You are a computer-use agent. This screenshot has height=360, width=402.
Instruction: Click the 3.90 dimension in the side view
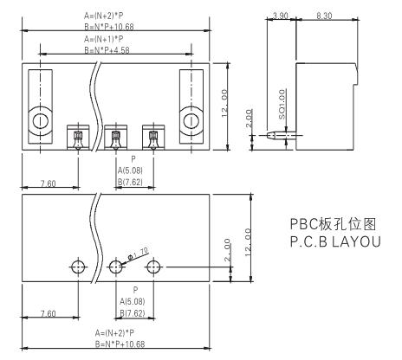(280, 16)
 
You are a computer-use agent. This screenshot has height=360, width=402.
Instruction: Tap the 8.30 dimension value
(324, 16)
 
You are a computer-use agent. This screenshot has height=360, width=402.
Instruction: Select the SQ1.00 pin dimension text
(282, 104)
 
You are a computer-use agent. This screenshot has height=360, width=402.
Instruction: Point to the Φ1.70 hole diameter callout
(138, 254)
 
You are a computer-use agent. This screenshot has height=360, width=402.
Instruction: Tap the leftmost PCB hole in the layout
(78, 267)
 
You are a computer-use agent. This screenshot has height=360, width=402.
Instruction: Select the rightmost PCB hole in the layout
(153, 267)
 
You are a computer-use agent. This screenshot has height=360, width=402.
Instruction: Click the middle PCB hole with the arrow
(116, 267)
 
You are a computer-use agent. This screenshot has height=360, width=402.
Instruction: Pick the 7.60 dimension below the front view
(49, 183)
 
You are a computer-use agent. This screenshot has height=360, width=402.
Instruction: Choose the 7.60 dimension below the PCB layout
(49, 313)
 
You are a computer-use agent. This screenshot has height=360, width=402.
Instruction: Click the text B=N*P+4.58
(107, 50)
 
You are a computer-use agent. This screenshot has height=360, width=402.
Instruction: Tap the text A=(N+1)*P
(104, 39)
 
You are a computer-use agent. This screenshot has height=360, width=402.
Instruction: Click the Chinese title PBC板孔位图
(333, 224)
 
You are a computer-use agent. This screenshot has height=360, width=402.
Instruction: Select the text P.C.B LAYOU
(335, 241)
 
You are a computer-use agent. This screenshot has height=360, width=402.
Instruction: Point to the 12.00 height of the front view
(224, 103)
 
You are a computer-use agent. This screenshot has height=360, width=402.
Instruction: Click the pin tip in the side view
(268, 135)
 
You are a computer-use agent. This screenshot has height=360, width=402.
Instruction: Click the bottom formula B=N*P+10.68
(120, 344)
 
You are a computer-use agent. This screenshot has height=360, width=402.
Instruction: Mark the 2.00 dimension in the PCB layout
(228, 250)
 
